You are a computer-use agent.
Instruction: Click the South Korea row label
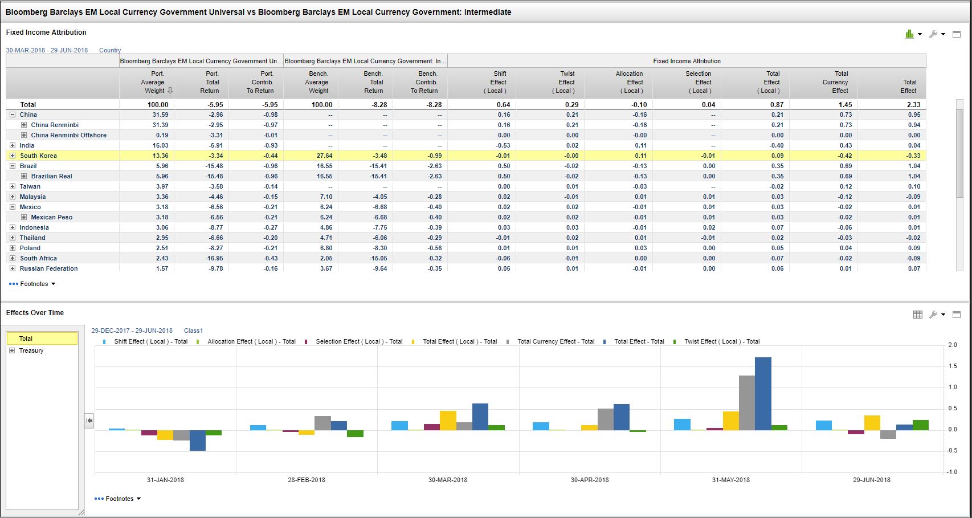pyautogui.click(x=38, y=156)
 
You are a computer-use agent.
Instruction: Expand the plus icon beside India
pyautogui.click(x=13, y=145)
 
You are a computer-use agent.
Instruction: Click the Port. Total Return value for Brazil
pyautogui.click(x=214, y=166)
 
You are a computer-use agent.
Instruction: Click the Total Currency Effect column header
pyautogui.click(x=835, y=82)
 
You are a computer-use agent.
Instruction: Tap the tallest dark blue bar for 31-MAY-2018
pyautogui.click(x=763, y=393)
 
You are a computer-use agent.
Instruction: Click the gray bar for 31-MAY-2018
pyautogui.click(x=747, y=402)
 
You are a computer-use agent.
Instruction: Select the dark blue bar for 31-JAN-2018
pyautogui.click(x=198, y=440)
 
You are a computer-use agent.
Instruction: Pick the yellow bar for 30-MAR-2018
pyautogui.click(x=448, y=420)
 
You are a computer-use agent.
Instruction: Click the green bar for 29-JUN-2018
pyautogui.click(x=920, y=425)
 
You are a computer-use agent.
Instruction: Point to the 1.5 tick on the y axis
pyautogui.click(x=953, y=366)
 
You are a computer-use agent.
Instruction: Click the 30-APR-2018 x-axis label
pyautogui.click(x=590, y=480)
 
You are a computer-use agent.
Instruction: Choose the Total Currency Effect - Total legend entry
pyautogui.click(x=556, y=342)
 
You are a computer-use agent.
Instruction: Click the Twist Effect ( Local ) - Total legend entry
pyautogui.click(x=721, y=342)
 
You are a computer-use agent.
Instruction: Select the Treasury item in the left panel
pyautogui.click(x=31, y=351)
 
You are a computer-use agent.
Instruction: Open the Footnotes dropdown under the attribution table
pyautogui.click(x=35, y=284)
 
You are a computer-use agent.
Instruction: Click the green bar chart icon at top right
pyautogui.click(x=910, y=34)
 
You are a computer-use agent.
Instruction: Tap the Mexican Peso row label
pyautogui.click(x=51, y=217)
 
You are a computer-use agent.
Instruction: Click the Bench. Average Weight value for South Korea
pyautogui.click(x=324, y=156)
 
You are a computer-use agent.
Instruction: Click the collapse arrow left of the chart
pyautogui.click(x=89, y=421)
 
